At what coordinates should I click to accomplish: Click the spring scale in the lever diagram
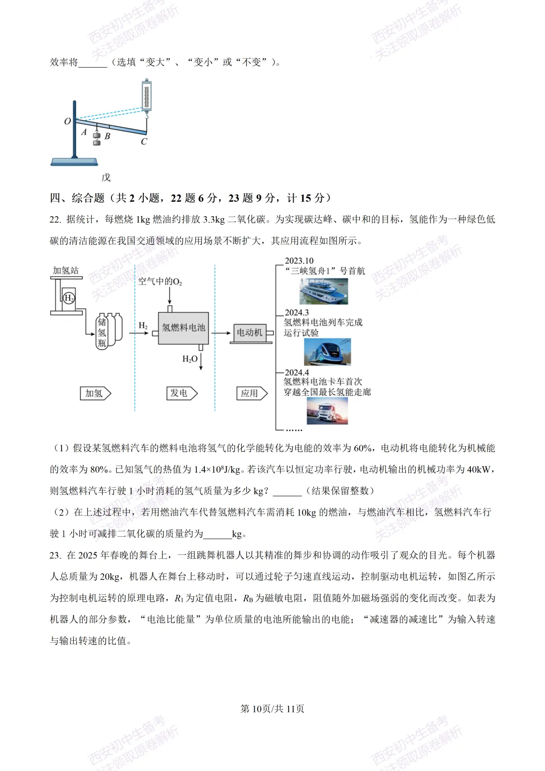coord(146,96)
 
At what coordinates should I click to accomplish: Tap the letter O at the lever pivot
coord(68,121)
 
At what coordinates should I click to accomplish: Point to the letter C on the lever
coord(144,142)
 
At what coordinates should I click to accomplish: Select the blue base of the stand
coord(74,162)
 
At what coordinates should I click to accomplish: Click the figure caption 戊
coord(105,178)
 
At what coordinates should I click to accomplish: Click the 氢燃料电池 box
coord(183,328)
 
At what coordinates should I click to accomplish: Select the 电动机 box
coord(250,332)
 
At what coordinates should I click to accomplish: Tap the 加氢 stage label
coord(95,393)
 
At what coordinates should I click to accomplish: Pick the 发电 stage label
coord(181,393)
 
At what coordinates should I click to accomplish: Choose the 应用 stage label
coord(251,393)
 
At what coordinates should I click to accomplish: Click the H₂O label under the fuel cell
coord(190,359)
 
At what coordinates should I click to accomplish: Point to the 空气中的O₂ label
coord(160,281)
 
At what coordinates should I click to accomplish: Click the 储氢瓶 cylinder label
coord(102,332)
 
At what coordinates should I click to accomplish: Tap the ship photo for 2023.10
coord(323,290)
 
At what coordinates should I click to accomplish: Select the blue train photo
coord(327,351)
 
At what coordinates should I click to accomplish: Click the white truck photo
coord(327,410)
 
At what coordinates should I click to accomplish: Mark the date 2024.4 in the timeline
coord(297,373)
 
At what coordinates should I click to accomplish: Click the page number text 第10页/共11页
coord(272,708)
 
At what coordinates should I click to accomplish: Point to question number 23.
coord(55,555)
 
